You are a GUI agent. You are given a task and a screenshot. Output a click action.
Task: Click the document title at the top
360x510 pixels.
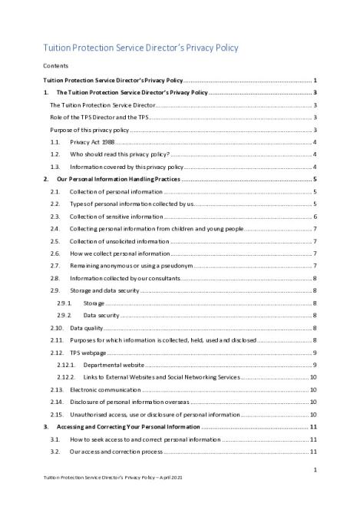click(140, 48)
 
